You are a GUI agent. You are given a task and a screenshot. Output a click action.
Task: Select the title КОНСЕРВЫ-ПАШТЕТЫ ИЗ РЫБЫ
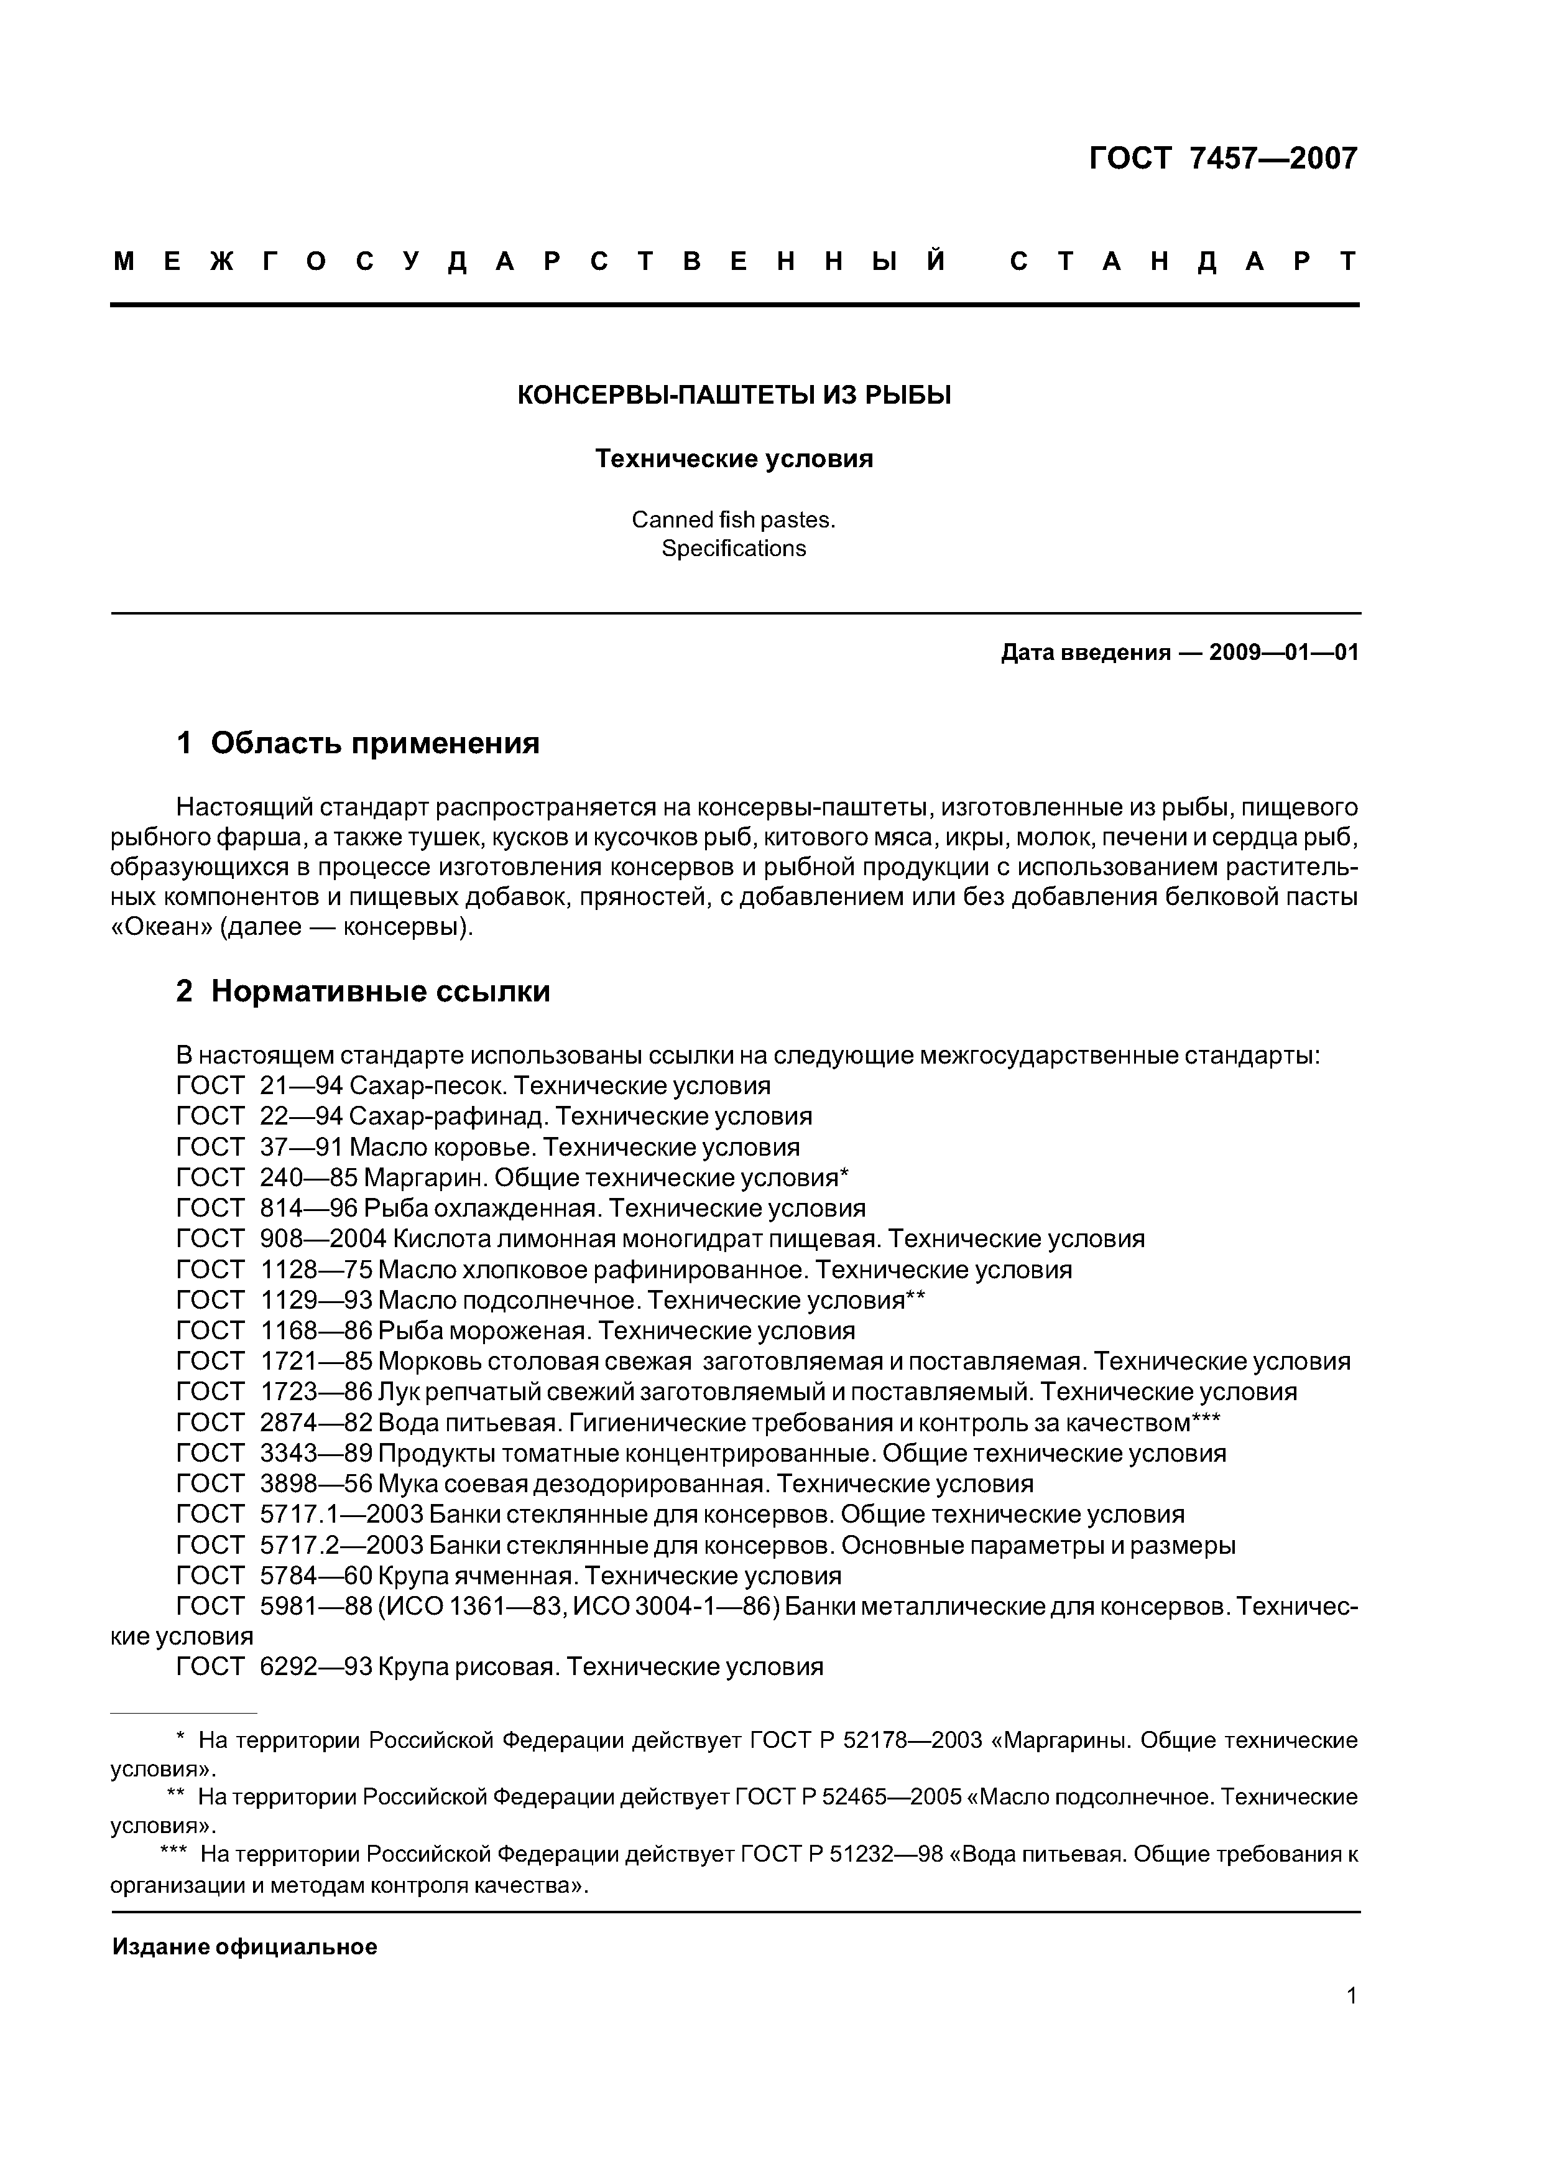[734, 396]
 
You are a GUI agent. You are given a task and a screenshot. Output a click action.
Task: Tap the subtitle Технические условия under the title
[734, 459]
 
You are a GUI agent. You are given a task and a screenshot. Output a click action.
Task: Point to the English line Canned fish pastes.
[734, 520]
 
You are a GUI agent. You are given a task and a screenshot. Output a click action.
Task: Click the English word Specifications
[734, 549]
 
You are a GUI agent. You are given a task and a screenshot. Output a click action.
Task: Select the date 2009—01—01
[1283, 653]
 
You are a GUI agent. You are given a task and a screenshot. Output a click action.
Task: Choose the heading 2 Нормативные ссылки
[363, 991]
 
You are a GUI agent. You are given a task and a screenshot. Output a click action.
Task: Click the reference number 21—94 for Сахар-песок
[301, 1085]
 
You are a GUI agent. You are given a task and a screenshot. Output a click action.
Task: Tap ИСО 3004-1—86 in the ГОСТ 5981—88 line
[677, 1607]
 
